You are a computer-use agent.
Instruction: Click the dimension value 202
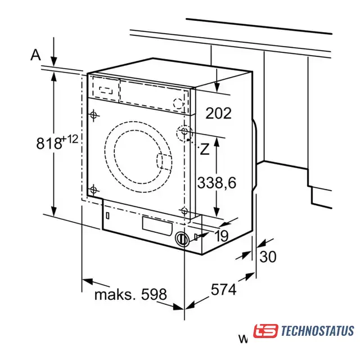(x=218, y=113)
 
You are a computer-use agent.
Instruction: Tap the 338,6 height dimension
(x=217, y=183)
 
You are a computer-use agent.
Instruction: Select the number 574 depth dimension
(x=223, y=289)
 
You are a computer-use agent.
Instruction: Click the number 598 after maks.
(x=154, y=294)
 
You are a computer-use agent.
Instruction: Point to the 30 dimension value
(x=268, y=256)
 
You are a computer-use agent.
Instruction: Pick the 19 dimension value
(x=221, y=236)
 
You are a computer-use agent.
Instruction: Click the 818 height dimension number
(x=49, y=143)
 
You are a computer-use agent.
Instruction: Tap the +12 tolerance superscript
(x=70, y=139)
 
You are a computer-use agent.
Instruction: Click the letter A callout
(x=35, y=55)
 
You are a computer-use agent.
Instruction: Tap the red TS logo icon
(x=265, y=331)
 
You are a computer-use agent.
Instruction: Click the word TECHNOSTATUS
(x=317, y=331)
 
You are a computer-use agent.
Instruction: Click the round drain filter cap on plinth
(x=182, y=240)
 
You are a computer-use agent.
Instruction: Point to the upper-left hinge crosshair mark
(x=93, y=115)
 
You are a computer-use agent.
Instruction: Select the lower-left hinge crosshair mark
(x=93, y=190)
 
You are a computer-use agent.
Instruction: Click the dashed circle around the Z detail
(x=184, y=133)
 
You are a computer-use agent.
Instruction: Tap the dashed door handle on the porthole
(x=164, y=161)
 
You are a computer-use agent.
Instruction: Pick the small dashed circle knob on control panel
(x=178, y=103)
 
